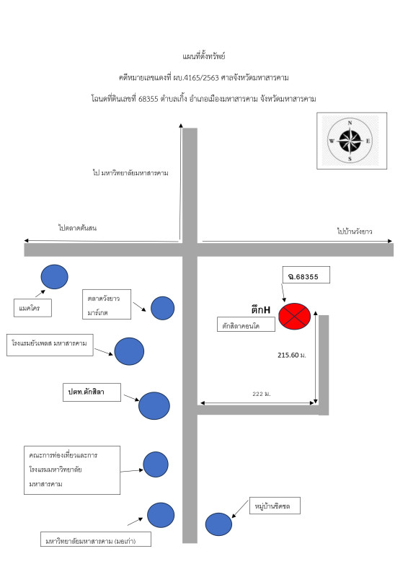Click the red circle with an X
coord(294,316)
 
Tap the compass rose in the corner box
coord(350,141)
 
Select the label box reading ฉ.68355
coord(306,275)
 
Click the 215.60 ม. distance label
coord(292,355)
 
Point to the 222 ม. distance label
coord(262,394)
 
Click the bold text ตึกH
coord(261,310)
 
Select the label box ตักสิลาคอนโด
coord(246,324)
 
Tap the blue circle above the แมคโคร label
coord(55,277)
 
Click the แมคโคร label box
coord(32,308)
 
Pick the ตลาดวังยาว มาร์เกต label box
coord(107,304)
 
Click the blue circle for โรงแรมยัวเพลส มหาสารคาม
coord(129,351)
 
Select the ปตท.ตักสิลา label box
coord(92,392)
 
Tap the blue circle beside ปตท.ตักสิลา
coord(154,406)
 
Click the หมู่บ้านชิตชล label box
coord(275,506)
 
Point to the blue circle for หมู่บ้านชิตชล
coord(218,524)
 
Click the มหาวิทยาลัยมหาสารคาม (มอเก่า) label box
coord(96,539)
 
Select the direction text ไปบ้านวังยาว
coord(355,231)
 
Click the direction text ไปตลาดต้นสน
coord(77,228)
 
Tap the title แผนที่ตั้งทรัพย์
coord(204,56)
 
